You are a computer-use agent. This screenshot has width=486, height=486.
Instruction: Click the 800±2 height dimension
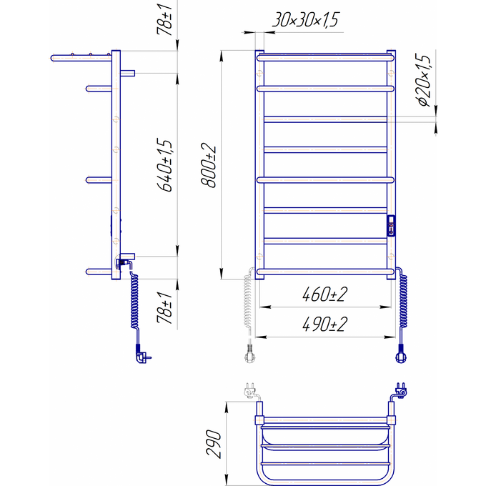coord(208,165)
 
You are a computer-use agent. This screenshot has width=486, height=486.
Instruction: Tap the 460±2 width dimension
coord(324,294)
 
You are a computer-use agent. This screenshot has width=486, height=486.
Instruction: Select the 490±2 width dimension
coord(324,324)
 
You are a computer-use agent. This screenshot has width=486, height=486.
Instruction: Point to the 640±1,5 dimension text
coord(164,165)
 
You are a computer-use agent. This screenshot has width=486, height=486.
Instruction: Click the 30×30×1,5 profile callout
coord(306,19)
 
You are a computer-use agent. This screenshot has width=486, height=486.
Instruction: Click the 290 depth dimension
coord(214,444)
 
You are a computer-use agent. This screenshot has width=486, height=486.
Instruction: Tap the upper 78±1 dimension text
coord(164,19)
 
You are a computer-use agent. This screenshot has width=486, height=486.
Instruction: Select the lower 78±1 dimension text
coord(164,307)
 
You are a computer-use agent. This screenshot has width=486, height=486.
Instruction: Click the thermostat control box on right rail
coord(391,225)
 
